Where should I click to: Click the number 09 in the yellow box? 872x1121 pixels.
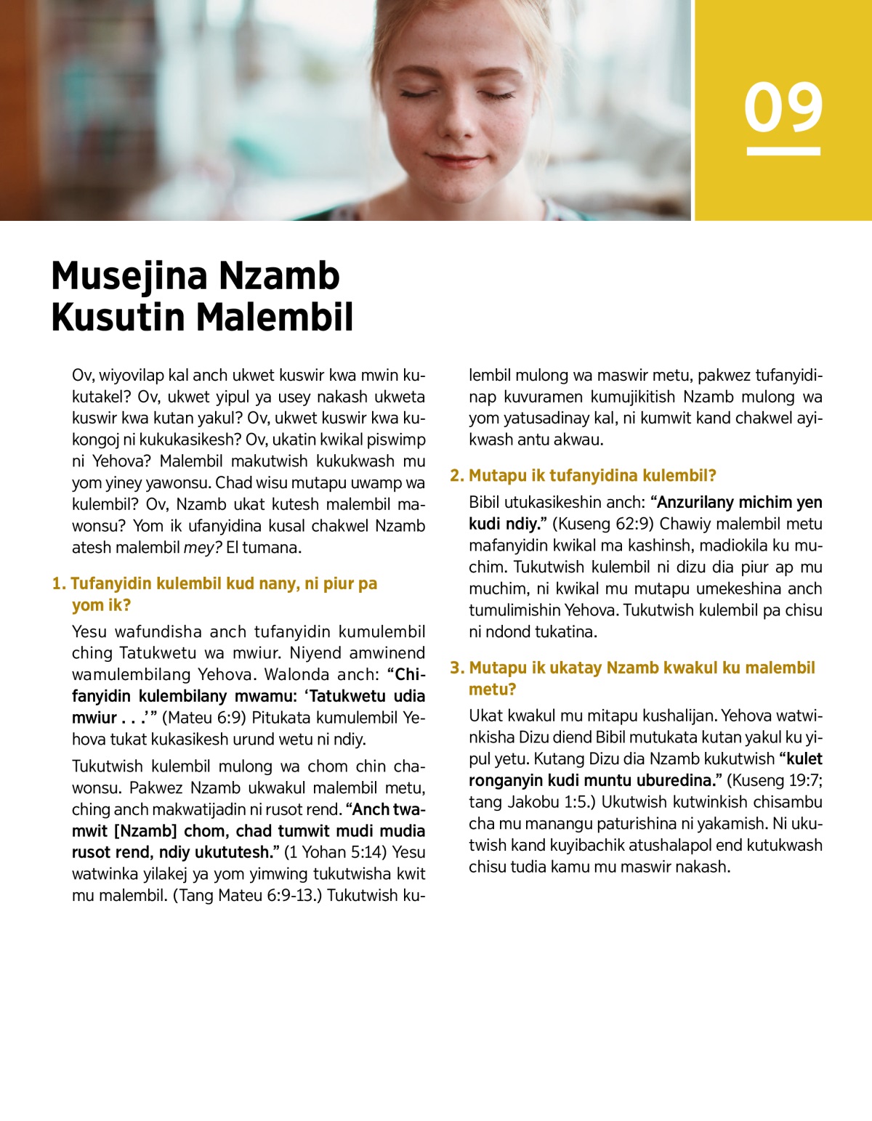(x=783, y=108)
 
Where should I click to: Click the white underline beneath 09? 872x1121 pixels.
(x=783, y=151)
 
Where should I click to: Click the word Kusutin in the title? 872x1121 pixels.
(x=118, y=317)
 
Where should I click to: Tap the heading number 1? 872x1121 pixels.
(x=58, y=584)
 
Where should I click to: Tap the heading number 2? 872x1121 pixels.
(x=456, y=476)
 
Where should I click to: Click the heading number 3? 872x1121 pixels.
(x=456, y=668)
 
